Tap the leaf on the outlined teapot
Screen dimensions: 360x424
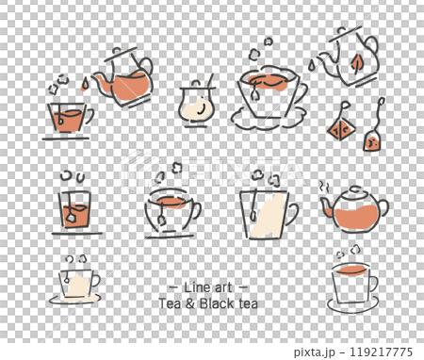(x=357, y=63)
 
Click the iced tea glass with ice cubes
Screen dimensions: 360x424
(x=76, y=208)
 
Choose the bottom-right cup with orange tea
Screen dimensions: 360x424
(x=352, y=281)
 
